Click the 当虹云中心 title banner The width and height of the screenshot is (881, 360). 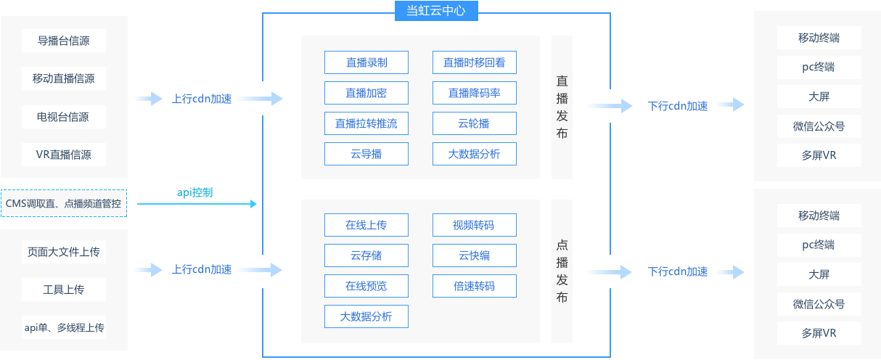click(x=436, y=11)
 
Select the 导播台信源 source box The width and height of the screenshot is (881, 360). click(x=64, y=41)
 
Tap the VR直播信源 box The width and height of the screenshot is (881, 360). click(x=64, y=155)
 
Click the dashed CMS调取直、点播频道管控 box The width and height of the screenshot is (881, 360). click(x=64, y=203)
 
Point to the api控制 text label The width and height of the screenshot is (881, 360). click(x=194, y=192)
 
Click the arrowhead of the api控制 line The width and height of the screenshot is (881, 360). click(x=254, y=204)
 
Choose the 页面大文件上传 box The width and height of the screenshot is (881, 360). click(x=64, y=252)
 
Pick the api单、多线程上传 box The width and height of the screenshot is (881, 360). click(x=64, y=328)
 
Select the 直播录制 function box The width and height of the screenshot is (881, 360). click(x=366, y=62)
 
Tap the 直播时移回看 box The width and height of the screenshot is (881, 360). click(x=475, y=62)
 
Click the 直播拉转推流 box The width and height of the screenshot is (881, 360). click(x=366, y=123)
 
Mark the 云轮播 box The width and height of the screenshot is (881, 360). click(x=475, y=123)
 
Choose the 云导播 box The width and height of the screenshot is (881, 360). click(x=366, y=154)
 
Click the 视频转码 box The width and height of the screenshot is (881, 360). click(x=475, y=225)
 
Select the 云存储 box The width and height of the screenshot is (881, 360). click(x=366, y=255)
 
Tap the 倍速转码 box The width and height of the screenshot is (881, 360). click(x=475, y=286)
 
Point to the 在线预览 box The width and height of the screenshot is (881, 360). click(x=366, y=286)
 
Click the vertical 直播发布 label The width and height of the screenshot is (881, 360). click(x=562, y=107)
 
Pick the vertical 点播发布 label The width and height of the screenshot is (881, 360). click(x=562, y=271)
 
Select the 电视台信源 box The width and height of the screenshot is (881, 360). click(x=64, y=117)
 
